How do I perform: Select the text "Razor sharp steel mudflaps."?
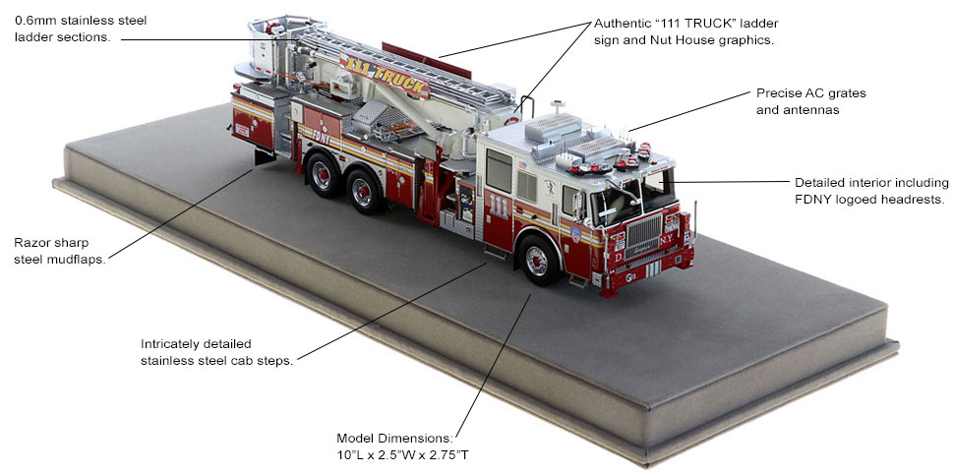tap(60, 251)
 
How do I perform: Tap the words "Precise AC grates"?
tap(811, 93)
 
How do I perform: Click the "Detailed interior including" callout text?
tap(871, 183)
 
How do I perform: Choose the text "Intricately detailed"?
tap(196, 344)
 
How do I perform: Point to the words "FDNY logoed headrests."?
tap(871, 200)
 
